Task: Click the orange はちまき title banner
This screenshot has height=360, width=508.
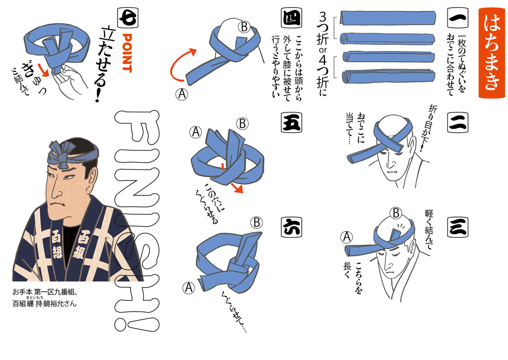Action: click(x=491, y=53)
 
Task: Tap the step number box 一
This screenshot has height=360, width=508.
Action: click(x=458, y=18)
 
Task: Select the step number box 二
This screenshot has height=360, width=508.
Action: click(x=458, y=123)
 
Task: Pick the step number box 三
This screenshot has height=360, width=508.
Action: click(x=458, y=227)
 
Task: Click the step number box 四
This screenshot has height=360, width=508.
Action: click(x=291, y=18)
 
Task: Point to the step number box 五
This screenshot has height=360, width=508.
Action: click(x=291, y=123)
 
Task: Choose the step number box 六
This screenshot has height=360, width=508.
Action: click(x=291, y=227)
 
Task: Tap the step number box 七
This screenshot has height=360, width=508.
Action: click(x=128, y=18)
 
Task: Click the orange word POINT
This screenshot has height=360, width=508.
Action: click(x=127, y=53)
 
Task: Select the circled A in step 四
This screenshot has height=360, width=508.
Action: click(x=182, y=94)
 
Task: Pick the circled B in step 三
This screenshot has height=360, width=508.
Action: click(x=396, y=213)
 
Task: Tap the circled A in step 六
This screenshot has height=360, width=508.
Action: click(x=189, y=288)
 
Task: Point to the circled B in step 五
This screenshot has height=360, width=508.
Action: click(x=243, y=124)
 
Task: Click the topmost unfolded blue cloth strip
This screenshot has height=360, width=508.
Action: click(x=388, y=18)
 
